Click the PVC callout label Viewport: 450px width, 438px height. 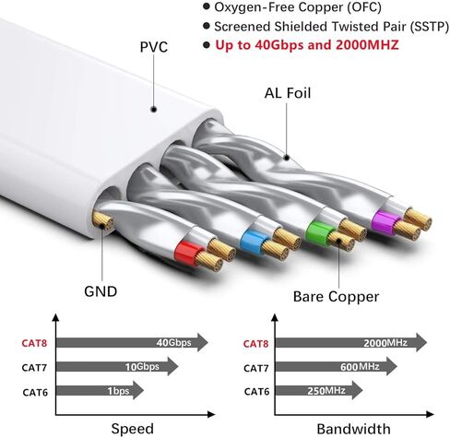pyautogui.click(x=154, y=47)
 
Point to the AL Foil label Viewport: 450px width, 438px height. pyautogui.click(x=288, y=93)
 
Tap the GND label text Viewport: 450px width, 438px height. pyautogui.click(x=101, y=291)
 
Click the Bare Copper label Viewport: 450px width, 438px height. pyautogui.click(x=336, y=297)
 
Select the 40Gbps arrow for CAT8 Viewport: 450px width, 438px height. pyautogui.click(x=132, y=342)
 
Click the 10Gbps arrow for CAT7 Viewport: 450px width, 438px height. pyautogui.click(x=117, y=366)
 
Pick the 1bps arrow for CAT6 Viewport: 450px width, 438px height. pyautogui.click(x=100, y=390)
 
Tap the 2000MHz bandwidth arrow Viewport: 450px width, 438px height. pyautogui.click(x=351, y=342)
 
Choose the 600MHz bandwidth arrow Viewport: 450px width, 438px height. pyautogui.click(x=337, y=366)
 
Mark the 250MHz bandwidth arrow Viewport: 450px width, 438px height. pyautogui.click(x=319, y=390)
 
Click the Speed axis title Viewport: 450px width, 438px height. pyautogui.click(x=133, y=429)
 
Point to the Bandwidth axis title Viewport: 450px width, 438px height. pyautogui.click(x=354, y=429)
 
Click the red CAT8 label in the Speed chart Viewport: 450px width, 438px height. pyautogui.click(x=34, y=343)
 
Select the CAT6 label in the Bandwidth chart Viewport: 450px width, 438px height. pyautogui.click(x=256, y=392)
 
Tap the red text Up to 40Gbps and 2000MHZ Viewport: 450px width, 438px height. pyautogui.click(x=307, y=45)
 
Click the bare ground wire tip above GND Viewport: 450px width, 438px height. pyautogui.click(x=102, y=220)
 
